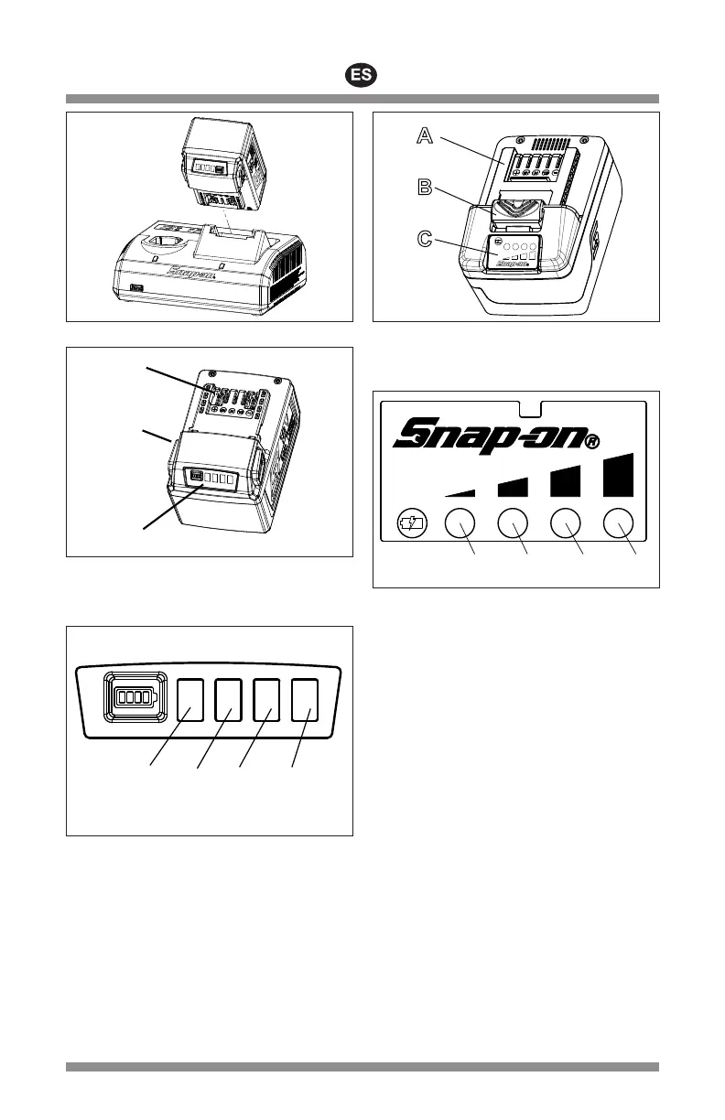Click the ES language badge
pos(362,76)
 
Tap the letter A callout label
pos(425,135)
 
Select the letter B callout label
pos(425,188)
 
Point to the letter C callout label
pos(425,240)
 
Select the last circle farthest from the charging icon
pos(620,523)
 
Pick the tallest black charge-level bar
pos(621,474)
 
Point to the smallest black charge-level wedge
pos(460,491)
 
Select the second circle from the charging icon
pos(513,523)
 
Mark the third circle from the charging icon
pos(567,523)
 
